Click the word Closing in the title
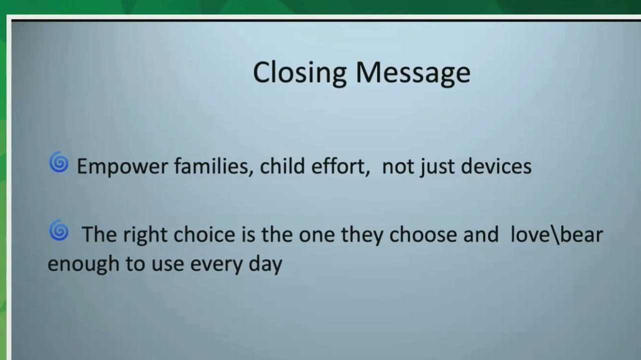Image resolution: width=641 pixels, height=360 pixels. click(300, 73)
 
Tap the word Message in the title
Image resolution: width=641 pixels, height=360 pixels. click(413, 73)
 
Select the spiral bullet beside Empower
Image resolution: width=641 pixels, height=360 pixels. click(58, 162)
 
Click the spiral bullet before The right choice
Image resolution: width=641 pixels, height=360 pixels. click(58, 230)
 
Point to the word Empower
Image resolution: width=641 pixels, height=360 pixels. click(122, 166)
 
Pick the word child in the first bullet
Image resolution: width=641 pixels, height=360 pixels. click(282, 165)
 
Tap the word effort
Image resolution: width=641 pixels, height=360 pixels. click(340, 166)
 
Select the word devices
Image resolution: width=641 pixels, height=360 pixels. click(496, 165)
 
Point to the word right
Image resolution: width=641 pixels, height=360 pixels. click(145, 235)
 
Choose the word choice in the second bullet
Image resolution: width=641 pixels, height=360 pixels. click(204, 234)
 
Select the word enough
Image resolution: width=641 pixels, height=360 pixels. click(83, 264)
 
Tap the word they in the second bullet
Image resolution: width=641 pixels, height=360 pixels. click(362, 235)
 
